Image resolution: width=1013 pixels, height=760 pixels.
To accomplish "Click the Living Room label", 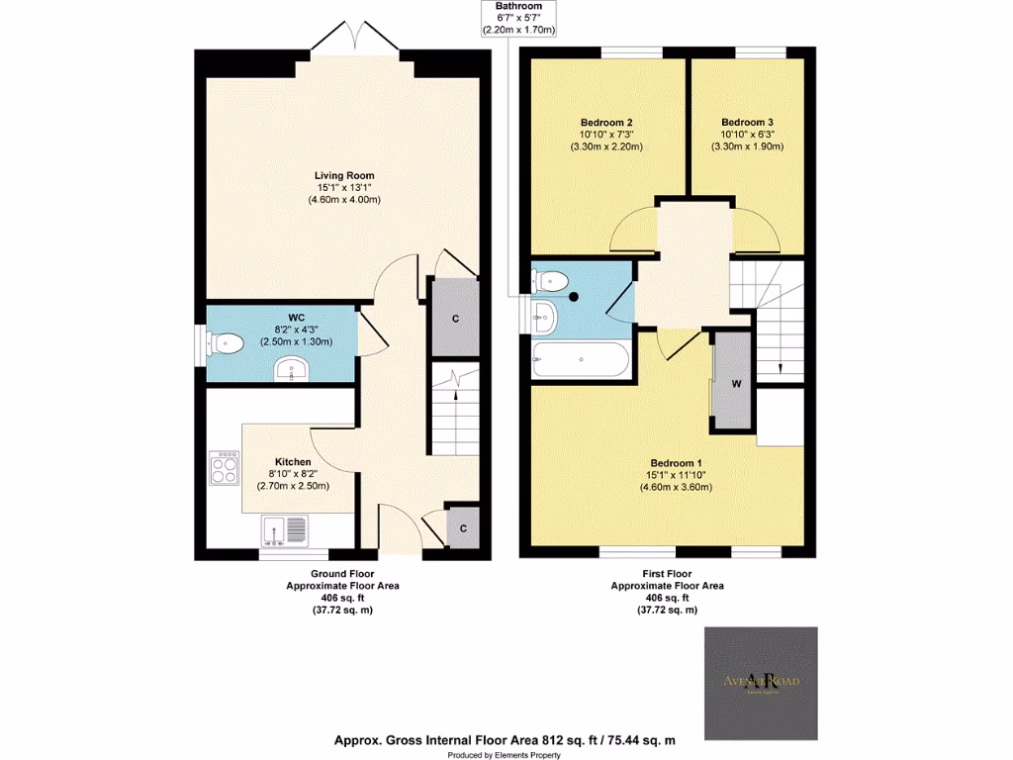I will click(x=344, y=175).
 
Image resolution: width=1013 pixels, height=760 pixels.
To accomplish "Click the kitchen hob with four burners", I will click(x=225, y=466).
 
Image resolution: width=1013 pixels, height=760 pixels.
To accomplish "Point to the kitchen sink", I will click(x=285, y=531).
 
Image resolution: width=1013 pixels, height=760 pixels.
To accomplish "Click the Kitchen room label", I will click(x=293, y=462).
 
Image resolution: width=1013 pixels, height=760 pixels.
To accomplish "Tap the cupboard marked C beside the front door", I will click(x=462, y=528).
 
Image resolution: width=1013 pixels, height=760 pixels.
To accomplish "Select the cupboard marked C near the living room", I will click(x=454, y=319).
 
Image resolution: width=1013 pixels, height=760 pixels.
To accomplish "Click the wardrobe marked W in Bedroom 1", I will click(x=735, y=382).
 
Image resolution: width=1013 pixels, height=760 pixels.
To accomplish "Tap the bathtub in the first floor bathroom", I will click(x=581, y=361).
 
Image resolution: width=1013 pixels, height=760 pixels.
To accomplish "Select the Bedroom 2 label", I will click(x=606, y=122).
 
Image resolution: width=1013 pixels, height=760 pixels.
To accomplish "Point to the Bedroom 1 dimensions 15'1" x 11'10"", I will click(x=677, y=475).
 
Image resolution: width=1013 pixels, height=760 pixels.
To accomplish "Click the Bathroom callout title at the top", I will click(x=518, y=6).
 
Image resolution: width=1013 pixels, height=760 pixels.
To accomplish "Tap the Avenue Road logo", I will click(x=761, y=681).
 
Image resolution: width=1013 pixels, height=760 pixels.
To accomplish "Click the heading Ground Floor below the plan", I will click(x=342, y=574).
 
